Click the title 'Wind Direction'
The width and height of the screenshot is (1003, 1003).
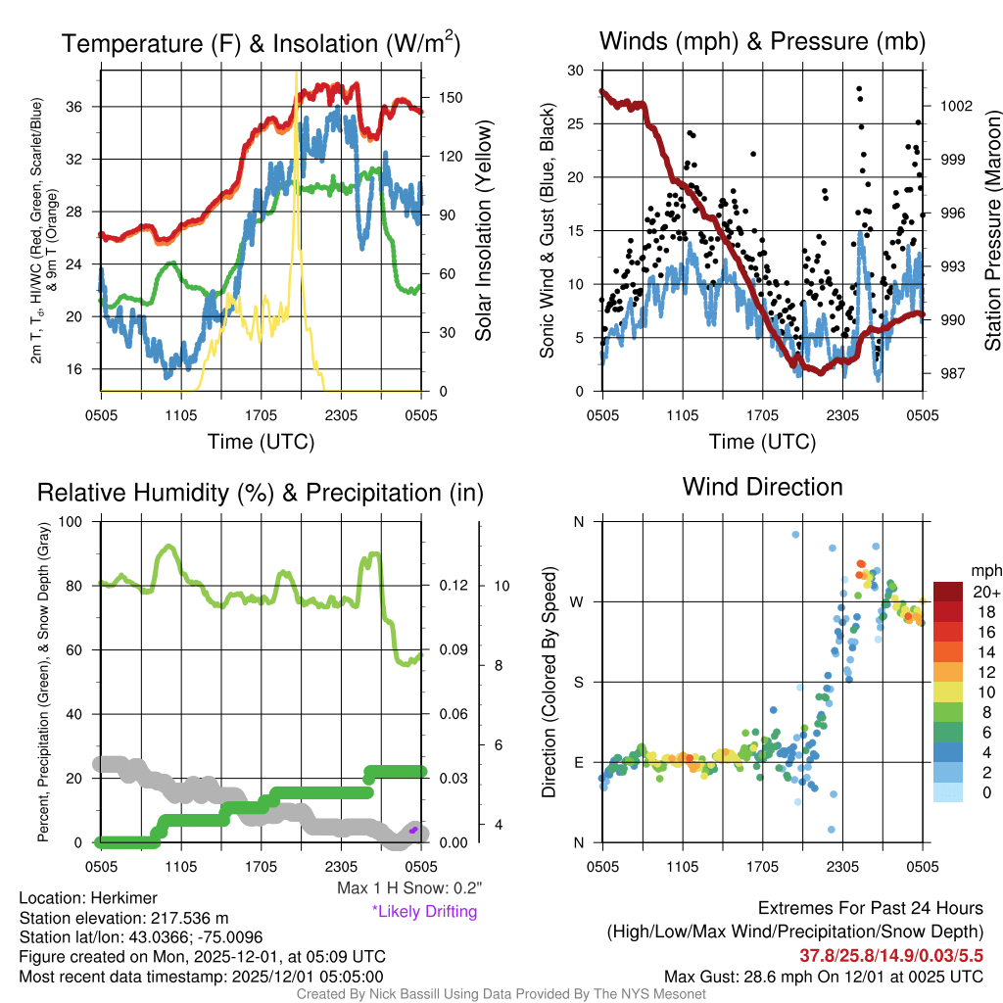pos(762,487)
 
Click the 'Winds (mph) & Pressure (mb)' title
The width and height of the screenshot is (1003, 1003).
pos(762,41)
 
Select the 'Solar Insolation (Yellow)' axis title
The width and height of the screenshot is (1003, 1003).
pos(483,231)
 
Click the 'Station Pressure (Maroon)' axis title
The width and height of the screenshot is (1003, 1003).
pos(991,231)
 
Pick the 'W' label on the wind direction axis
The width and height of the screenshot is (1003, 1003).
pos(578,601)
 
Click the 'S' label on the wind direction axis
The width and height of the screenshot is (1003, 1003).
pos(578,682)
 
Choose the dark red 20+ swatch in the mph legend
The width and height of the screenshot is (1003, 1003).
pos(950,592)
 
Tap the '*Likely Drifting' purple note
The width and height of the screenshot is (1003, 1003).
pos(424,912)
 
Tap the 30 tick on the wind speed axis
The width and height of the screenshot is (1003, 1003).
pos(576,71)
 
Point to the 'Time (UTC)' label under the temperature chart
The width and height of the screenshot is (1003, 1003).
pos(261,442)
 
